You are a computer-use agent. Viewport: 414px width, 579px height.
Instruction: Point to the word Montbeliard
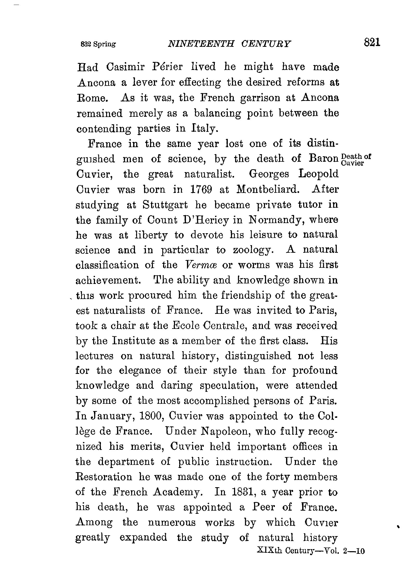pos(268,190)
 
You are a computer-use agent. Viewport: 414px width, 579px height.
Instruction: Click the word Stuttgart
pos(165,205)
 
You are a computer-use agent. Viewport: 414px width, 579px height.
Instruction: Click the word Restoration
pos(104,477)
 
